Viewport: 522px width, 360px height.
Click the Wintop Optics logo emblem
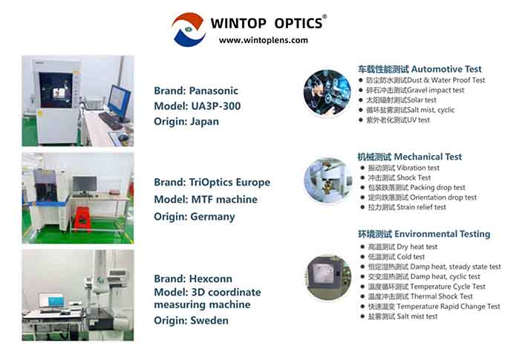189,29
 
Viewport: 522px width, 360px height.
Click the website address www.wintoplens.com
263,40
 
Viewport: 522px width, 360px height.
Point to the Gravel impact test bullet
416,90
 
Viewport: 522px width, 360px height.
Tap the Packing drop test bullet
417,188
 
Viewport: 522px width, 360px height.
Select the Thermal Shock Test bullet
421,296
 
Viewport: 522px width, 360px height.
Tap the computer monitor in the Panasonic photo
120,98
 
